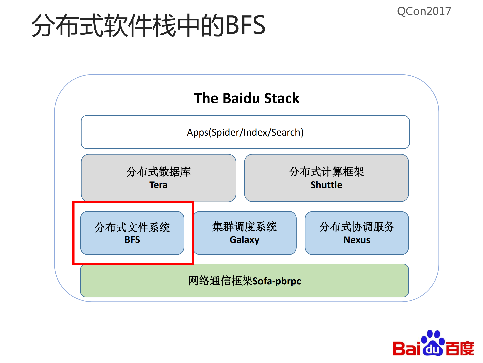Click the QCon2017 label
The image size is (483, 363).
tap(424, 11)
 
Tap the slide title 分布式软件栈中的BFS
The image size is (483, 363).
tap(148, 25)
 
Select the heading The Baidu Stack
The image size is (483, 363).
tap(246, 98)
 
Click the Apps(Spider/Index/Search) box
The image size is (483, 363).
tap(245, 132)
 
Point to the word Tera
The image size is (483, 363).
tap(158, 185)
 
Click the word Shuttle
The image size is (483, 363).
tap(326, 185)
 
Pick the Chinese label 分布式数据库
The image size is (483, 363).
tap(158, 172)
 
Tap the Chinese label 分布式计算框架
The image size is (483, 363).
tap(326, 172)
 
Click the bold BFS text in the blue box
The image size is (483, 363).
tap(132, 240)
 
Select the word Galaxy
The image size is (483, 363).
tap(244, 240)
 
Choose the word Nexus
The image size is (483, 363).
tap(357, 240)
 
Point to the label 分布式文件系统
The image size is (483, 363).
tap(132, 228)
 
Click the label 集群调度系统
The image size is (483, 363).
tap(244, 227)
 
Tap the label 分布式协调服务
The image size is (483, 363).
tap(357, 227)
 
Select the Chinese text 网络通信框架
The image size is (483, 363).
tap(220, 281)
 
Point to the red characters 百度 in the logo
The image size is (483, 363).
tap(460, 348)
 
